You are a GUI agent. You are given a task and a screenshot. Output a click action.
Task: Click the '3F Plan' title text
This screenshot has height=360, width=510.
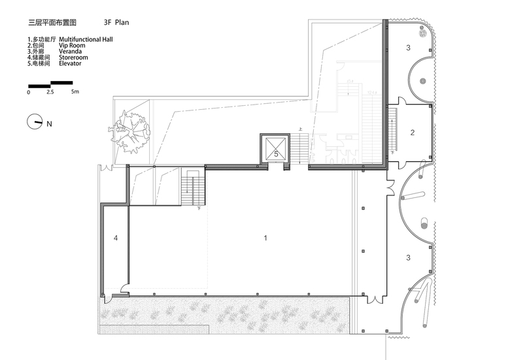click(116, 22)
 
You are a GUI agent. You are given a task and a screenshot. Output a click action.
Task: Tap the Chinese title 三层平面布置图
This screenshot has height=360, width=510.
click(52, 22)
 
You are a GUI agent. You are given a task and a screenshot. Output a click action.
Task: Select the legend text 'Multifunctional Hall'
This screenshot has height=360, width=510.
click(86, 39)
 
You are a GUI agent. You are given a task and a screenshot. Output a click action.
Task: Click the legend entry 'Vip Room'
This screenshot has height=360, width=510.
click(72, 46)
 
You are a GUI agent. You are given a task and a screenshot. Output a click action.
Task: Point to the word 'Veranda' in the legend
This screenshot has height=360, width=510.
click(70, 52)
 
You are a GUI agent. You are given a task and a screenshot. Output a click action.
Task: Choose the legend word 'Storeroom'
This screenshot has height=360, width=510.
click(73, 57)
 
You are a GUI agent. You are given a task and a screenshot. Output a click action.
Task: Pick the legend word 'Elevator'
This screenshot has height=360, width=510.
click(70, 63)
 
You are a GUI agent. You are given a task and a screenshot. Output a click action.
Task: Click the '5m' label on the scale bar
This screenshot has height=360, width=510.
click(75, 91)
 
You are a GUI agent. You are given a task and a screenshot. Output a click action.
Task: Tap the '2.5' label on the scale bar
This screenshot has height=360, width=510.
click(50, 92)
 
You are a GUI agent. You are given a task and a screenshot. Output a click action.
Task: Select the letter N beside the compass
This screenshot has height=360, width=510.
click(49, 123)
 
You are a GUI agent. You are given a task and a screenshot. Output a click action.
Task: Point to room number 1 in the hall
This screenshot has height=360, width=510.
click(265, 238)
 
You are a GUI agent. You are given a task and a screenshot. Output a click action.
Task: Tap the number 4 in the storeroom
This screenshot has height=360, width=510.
click(116, 238)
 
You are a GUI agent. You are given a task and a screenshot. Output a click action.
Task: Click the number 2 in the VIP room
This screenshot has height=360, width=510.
click(413, 133)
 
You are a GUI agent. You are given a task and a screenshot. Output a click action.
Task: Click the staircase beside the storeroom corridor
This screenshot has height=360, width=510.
click(193, 187)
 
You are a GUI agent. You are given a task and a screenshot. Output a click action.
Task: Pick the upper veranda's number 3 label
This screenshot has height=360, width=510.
click(408, 48)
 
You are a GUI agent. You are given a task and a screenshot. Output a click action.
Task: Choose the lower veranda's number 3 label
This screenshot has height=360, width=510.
click(408, 258)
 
